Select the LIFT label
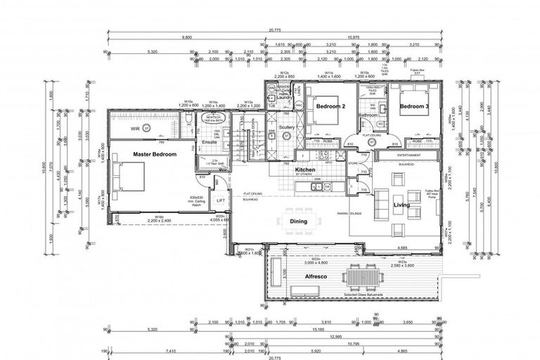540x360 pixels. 219,201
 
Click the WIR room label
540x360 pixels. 135,129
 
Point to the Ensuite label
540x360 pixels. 210,143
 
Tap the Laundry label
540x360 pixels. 285,98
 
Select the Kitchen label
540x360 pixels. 304,171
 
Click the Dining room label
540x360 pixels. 298,221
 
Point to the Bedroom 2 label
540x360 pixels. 330,106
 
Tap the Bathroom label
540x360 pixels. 369,115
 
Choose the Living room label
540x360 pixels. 401,206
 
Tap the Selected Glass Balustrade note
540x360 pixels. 368,295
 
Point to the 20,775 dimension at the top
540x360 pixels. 276,30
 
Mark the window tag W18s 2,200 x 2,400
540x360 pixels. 160,219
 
